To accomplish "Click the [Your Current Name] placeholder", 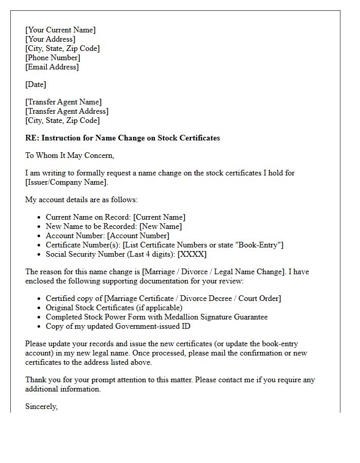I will [x=60, y=30].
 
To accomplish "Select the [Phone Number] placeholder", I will [x=52, y=58].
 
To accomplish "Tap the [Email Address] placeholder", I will [x=52, y=67].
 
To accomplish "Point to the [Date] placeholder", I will [x=35, y=84].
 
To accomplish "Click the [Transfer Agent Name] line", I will [x=63, y=102].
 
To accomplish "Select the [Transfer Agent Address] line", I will [x=67, y=111].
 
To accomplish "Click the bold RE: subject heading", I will [x=122, y=138].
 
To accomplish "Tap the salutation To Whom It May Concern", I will [x=69, y=155].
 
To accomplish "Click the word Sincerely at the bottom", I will [x=42, y=406].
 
